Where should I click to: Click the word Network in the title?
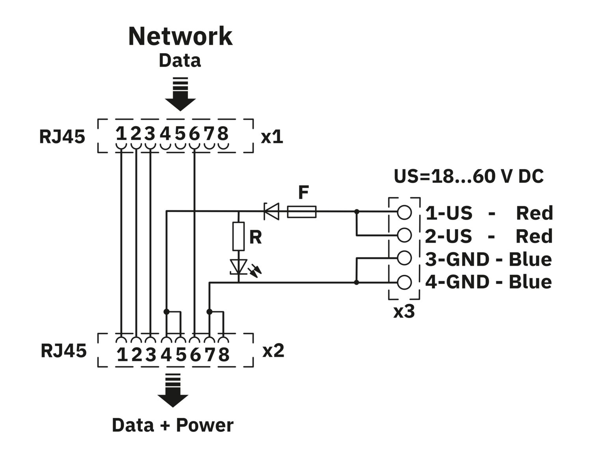click(x=180, y=36)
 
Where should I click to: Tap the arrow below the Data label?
click(x=180, y=95)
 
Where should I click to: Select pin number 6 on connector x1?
click(x=194, y=134)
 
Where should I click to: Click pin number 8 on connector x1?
click(x=223, y=134)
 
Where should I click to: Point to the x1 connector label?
click(x=272, y=137)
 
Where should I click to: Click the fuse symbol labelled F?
click(x=301, y=212)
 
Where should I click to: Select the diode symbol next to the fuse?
click(x=271, y=212)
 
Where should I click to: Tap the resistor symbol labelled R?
click(x=238, y=236)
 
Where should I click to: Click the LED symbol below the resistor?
click(x=239, y=267)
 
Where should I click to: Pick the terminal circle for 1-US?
click(x=404, y=212)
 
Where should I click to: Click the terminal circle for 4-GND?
click(x=404, y=282)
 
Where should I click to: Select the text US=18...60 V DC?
click(x=468, y=176)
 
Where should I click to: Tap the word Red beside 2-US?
click(x=534, y=236)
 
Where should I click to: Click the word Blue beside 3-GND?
click(x=530, y=259)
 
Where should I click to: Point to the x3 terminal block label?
click(x=404, y=312)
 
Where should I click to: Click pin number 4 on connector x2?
click(x=166, y=355)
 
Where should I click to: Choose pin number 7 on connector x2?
click(x=210, y=355)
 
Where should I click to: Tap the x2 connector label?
click(x=273, y=350)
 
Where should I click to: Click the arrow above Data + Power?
click(x=173, y=390)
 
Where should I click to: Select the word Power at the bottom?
click(x=204, y=425)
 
